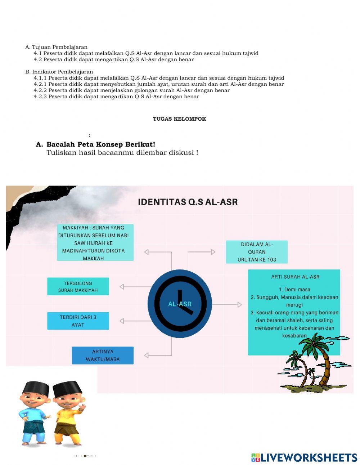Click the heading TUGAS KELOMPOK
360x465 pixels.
pyautogui.click(x=179, y=119)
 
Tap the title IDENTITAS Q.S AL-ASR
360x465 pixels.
pyautogui.click(x=188, y=202)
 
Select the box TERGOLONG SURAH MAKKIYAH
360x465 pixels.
pyautogui.click(x=78, y=287)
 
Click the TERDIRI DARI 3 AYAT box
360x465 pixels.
pyautogui.click(x=78, y=321)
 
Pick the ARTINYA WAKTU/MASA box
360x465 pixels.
pyautogui.click(x=103, y=356)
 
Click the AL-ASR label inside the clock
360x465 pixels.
pyautogui.click(x=180, y=304)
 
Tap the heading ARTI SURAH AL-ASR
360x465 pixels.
pyautogui.click(x=295, y=277)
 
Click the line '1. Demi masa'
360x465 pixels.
pyautogui.click(x=294, y=290)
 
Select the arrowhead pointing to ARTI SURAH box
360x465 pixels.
pyautogui.click(x=239, y=305)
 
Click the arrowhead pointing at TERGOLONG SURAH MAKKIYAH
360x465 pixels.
pyautogui.click(x=122, y=287)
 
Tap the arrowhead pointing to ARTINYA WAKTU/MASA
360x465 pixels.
pyautogui.click(x=147, y=356)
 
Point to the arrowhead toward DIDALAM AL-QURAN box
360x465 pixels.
pyautogui.click(x=213, y=252)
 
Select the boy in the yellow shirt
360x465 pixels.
pyautogui.click(x=68, y=414)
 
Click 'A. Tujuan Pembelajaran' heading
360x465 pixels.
pyautogui.click(x=56, y=47)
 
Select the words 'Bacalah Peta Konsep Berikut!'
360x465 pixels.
pyautogui.click(x=101, y=144)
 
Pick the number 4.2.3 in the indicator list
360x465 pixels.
pyautogui.click(x=40, y=97)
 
